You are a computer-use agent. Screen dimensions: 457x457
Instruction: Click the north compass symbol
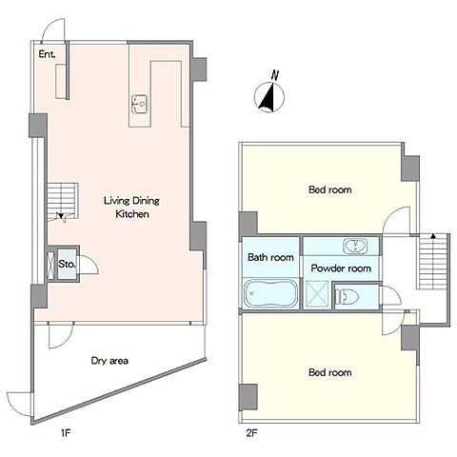pyautogui.click(x=269, y=97)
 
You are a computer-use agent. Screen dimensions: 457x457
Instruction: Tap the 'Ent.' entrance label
pyautogui.click(x=47, y=54)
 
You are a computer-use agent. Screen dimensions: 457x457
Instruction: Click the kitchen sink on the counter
pyautogui.click(x=140, y=104)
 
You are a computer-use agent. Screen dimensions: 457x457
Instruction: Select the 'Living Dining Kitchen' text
pyautogui.click(x=131, y=208)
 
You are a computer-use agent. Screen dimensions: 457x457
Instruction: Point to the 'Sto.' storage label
pyautogui.click(x=67, y=264)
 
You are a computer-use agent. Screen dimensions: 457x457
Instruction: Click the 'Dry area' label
pyautogui.click(x=109, y=361)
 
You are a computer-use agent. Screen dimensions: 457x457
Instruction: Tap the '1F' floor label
pyautogui.click(x=65, y=433)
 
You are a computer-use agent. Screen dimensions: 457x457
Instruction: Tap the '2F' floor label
pyautogui.click(x=251, y=433)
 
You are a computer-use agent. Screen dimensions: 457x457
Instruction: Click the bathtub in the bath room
pyautogui.click(x=270, y=293)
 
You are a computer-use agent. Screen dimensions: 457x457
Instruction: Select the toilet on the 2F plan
pyautogui.click(x=347, y=297)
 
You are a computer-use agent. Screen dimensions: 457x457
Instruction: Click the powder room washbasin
pyautogui.click(x=355, y=247)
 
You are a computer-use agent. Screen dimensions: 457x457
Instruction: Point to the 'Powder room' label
pyautogui.click(x=341, y=268)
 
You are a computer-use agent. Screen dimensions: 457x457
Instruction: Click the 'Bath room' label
pyautogui.click(x=270, y=257)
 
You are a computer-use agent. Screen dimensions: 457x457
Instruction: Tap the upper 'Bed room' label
pyautogui.click(x=330, y=189)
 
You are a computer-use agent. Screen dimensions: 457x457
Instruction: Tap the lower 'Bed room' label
pyautogui.click(x=330, y=372)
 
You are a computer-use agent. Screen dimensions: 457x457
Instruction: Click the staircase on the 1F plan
pyautogui.click(x=63, y=201)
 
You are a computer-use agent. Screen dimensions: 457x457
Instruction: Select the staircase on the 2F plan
pyautogui.click(x=432, y=262)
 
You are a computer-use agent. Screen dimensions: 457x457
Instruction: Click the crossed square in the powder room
pyautogui.click(x=317, y=294)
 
